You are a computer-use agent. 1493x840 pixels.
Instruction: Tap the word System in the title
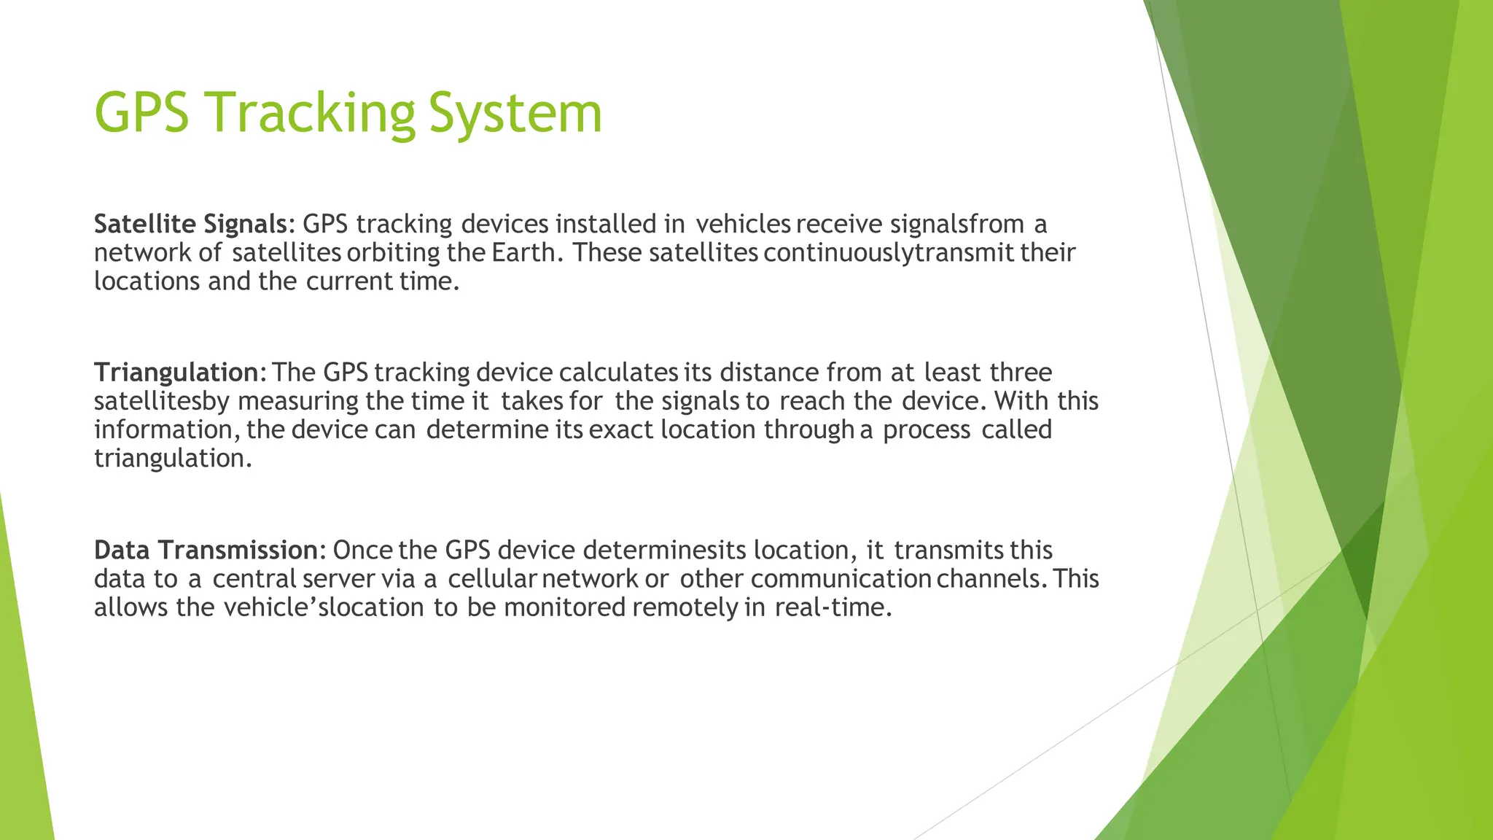point(515,113)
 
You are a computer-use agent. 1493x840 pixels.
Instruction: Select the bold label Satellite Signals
point(190,223)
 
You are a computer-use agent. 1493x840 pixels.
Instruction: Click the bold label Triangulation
point(176,372)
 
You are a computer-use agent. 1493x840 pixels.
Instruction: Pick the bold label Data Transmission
point(206,550)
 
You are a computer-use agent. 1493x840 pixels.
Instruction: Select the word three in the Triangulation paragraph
point(1021,372)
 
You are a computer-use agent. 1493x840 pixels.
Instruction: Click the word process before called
point(927,429)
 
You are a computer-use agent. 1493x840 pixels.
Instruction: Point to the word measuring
point(298,401)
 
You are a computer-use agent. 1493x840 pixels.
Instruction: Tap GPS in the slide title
point(141,113)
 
